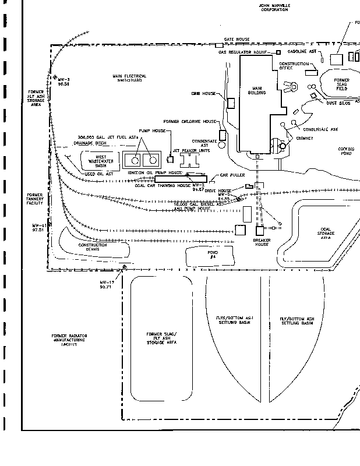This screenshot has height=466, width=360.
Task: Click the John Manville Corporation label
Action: [x=274, y=8]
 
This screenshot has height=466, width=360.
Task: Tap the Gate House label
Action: [x=237, y=39]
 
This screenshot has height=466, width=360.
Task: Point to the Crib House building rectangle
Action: [x=231, y=103]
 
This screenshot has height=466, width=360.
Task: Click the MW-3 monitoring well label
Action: [x=63, y=82]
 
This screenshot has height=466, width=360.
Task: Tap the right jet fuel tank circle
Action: [x=153, y=159]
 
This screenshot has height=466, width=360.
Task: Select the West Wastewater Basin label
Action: [x=93, y=161]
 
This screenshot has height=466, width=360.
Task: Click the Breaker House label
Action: [x=260, y=242]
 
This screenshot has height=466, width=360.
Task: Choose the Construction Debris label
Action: [x=93, y=248]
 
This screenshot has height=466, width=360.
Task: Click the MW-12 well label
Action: [x=106, y=284]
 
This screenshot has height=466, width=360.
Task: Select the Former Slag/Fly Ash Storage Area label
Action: [x=161, y=338]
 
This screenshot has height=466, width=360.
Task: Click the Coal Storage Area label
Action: [x=326, y=234]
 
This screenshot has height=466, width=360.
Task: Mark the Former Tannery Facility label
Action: [x=38, y=199]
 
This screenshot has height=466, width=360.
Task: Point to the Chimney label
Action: [x=303, y=138]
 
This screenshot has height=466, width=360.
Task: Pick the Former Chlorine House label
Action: [x=190, y=121]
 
